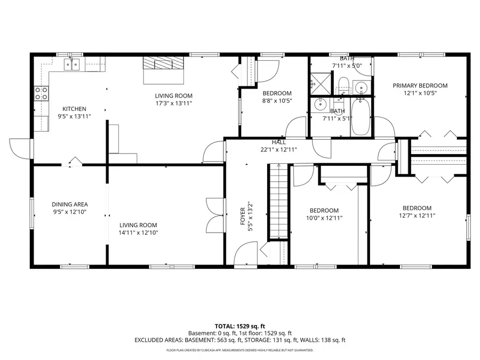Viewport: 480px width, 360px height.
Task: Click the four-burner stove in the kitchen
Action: click(x=41, y=93)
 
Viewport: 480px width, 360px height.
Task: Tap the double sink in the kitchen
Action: click(x=71, y=65)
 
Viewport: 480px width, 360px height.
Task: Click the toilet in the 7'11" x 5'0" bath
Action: click(x=343, y=84)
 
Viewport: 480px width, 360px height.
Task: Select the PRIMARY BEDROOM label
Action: click(x=420, y=85)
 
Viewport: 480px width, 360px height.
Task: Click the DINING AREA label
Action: click(x=69, y=204)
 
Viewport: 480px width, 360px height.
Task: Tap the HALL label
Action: click(x=278, y=142)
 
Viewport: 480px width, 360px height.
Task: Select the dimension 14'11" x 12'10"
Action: click(x=139, y=233)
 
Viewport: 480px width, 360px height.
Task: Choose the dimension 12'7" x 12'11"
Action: click(x=417, y=215)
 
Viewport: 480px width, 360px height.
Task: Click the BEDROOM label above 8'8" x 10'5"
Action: click(x=277, y=93)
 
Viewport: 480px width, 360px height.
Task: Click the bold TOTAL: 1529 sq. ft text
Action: click(x=239, y=325)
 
